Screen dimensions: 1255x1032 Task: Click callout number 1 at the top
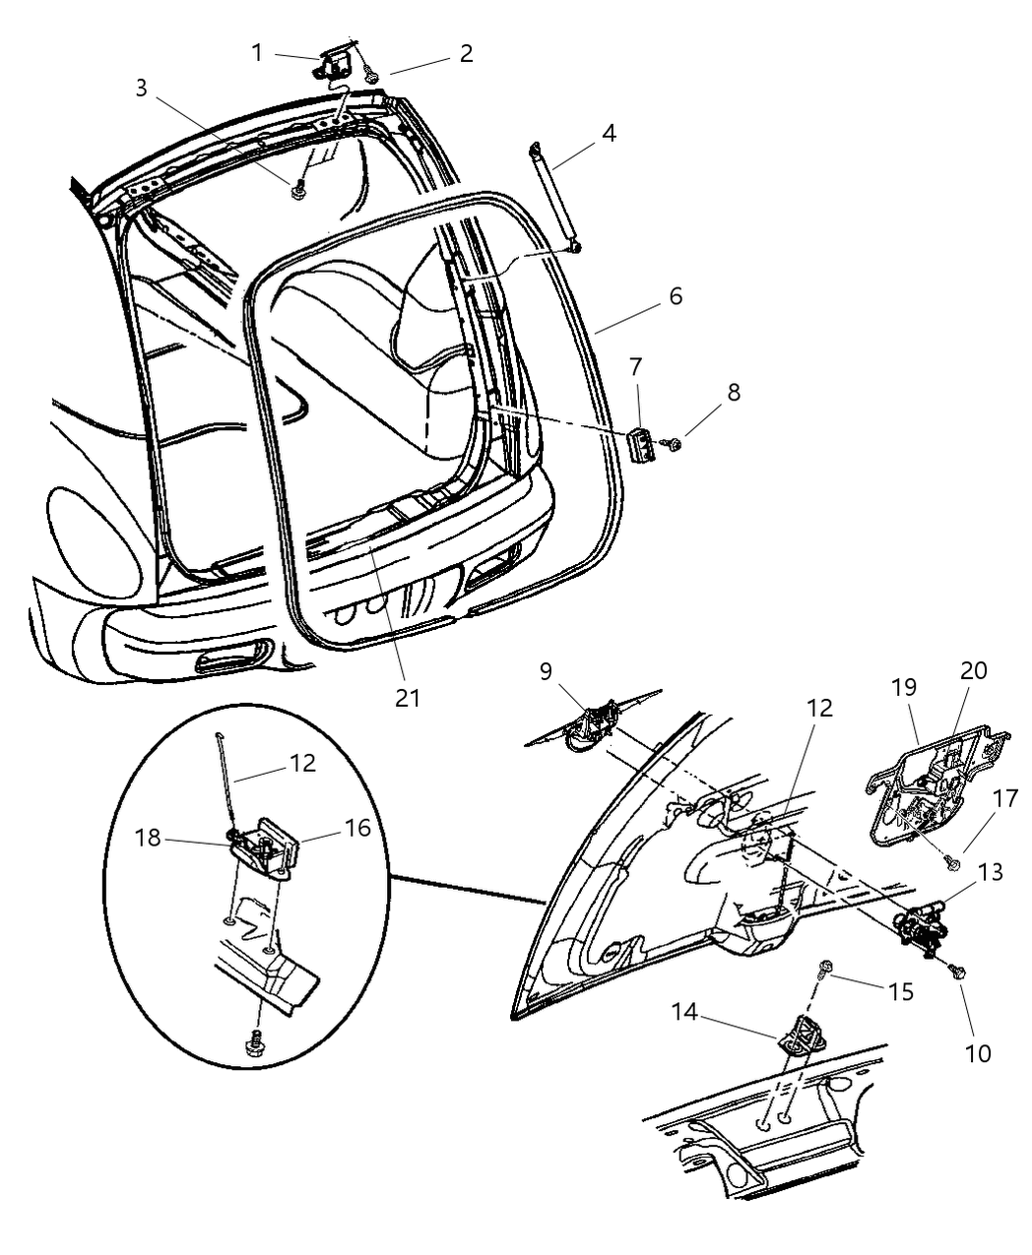(x=257, y=52)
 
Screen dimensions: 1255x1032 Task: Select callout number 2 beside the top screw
(x=466, y=53)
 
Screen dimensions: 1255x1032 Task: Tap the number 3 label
(x=142, y=88)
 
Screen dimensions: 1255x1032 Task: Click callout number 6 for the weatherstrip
(x=676, y=296)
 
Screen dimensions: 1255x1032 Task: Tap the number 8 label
(x=733, y=393)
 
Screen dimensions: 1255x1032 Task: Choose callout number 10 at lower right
(x=978, y=1053)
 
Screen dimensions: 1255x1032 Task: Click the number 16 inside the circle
(x=358, y=828)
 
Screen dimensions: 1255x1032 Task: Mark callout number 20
(x=973, y=671)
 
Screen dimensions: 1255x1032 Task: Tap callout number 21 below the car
(x=407, y=698)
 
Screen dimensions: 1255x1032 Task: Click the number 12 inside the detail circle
(x=302, y=763)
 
